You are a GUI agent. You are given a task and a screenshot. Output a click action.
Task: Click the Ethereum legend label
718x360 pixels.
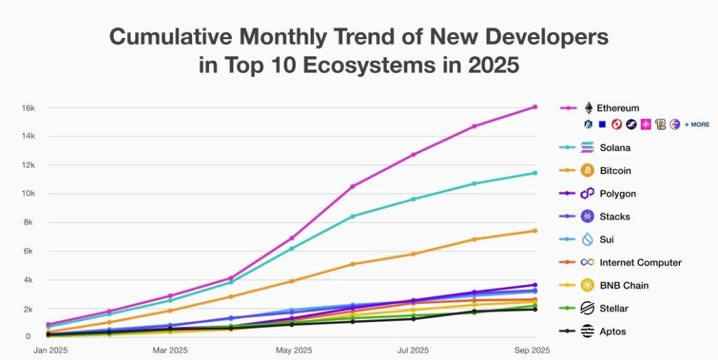pyautogui.click(x=618, y=108)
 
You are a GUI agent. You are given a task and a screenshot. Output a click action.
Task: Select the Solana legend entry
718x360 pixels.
pyautogui.click(x=616, y=147)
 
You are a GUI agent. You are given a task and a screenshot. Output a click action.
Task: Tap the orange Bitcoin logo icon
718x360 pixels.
pyautogui.click(x=588, y=170)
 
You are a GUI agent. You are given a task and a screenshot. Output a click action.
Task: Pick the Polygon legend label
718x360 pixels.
pyautogui.click(x=618, y=193)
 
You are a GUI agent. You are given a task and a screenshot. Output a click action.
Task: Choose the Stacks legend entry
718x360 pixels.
pyautogui.click(x=615, y=216)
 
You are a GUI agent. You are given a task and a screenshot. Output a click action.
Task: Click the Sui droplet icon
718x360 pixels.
pyautogui.click(x=588, y=240)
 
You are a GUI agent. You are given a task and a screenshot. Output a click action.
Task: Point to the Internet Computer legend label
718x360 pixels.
pyautogui.click(x=640, y=263)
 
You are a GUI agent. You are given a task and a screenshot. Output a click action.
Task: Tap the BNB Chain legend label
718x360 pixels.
pyautogui.click(x=624, y=285)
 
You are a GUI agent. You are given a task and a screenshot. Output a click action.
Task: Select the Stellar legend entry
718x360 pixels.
pyautogui.click(x=614, y=308)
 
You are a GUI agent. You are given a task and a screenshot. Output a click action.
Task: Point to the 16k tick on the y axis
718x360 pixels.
pyautogui.click(x=27, y=108)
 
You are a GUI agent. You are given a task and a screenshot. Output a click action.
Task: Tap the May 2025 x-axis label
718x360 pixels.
pyautogui.click(x=294, y=349)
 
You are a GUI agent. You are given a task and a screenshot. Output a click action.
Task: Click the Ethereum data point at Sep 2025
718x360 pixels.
pyautogui.click(x=534, y=107)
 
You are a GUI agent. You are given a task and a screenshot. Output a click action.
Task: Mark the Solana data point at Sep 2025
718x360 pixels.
pyautogui.click(x=534, y=173)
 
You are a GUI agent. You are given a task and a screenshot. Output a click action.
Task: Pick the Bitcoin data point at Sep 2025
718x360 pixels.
pyautogui.click(x=534, y=230)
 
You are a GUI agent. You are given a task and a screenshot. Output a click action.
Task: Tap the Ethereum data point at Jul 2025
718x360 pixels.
pyautogui.click(x=414, y=155)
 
